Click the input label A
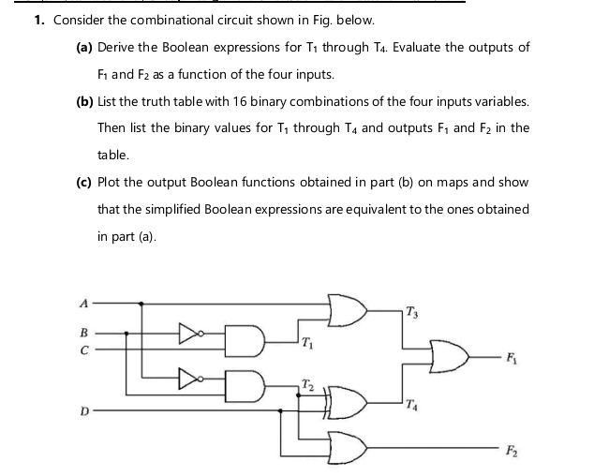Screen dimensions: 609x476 click(84, 303)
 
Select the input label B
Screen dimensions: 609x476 click(84, 333)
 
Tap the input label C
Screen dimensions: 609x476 click(84, 350)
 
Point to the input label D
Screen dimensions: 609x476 click(84, 410)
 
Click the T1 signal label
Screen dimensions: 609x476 click(306, 343)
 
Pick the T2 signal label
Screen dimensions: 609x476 click(307, 385)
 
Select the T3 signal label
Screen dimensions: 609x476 click(412, 312)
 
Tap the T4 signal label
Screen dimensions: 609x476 click(411, 406)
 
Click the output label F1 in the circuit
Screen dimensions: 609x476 click(512, 358)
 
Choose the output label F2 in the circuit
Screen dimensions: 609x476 click(512, 451)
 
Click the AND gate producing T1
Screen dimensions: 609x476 click(245, 341)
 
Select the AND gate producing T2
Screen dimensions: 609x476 click(245, 386)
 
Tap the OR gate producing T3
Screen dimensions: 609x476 click(348, 310)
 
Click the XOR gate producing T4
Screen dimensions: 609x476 click(344, 403)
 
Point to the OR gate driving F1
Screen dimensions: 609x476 click(449, 356)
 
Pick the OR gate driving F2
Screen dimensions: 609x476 click(348, 448)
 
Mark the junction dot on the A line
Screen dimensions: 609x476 click(141, 304)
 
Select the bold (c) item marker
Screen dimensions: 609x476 click(84, 182)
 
